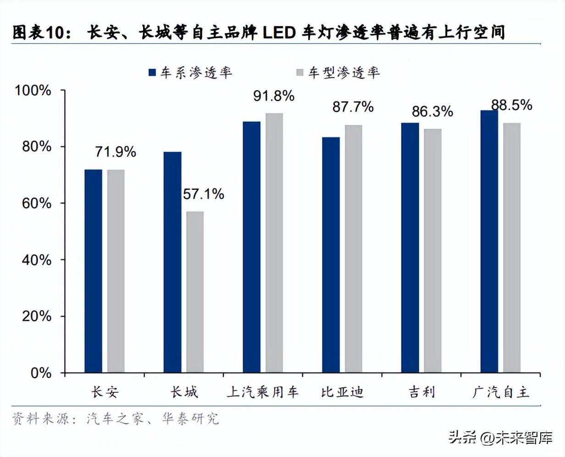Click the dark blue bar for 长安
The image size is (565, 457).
click(93, 271)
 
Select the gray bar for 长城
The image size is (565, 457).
click(195, 292)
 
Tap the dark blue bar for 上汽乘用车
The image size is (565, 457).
click(252, 247)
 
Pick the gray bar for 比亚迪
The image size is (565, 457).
click(354, 249)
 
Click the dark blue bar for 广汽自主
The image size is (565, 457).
click(489, 241)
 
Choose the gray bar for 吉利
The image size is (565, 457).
click(432, 251)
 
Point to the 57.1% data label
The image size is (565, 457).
click(204, 194)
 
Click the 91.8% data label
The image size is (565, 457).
click(274, 96)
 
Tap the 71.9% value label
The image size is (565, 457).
click(116, 152)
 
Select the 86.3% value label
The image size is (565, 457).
click(432, 111)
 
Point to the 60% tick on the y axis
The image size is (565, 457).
click(37, 203)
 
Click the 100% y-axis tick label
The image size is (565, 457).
click(33, 90)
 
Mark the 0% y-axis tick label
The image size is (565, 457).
click(41, 373)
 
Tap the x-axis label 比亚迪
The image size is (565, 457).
click(342, 392)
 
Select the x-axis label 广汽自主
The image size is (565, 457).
click(501, 392)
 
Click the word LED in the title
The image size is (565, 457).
click(279, 33)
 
